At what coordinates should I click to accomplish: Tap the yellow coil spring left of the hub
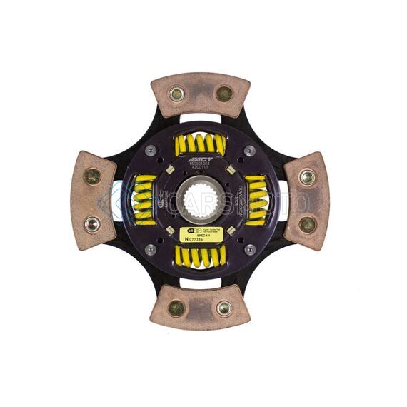144,201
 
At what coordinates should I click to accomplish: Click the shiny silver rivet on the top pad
176,94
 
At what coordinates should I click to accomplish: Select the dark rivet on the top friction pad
224,94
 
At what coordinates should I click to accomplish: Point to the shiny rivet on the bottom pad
224,308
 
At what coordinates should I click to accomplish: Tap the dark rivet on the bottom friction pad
176,308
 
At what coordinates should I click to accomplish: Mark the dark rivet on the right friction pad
307,224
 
